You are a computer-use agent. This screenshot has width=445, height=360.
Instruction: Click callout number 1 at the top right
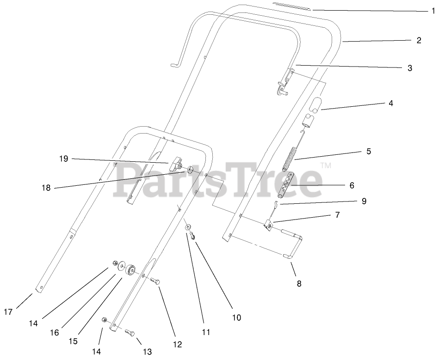[x=433, y=11]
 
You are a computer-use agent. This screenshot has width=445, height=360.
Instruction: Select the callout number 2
[x=419, y=40]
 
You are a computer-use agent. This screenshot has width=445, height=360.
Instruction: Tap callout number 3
[x=409, y=68]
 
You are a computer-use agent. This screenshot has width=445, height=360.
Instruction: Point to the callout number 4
[x=390, y=104]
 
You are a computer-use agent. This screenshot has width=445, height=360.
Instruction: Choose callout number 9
[x=364, y=201]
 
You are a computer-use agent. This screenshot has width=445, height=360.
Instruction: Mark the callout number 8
[x=299, y=284]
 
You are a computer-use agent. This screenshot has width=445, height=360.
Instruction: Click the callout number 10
[x=236, y=317]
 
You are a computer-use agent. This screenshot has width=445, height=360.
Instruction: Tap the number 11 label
[x=206, y=332]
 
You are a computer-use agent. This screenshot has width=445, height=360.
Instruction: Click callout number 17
[x=8, y=311]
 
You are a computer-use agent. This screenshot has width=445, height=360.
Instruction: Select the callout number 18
[x=45, y=188]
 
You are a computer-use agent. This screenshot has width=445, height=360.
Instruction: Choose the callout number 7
[x=337, y=214]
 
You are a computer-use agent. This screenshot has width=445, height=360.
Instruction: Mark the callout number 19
[x=63, y=159]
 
